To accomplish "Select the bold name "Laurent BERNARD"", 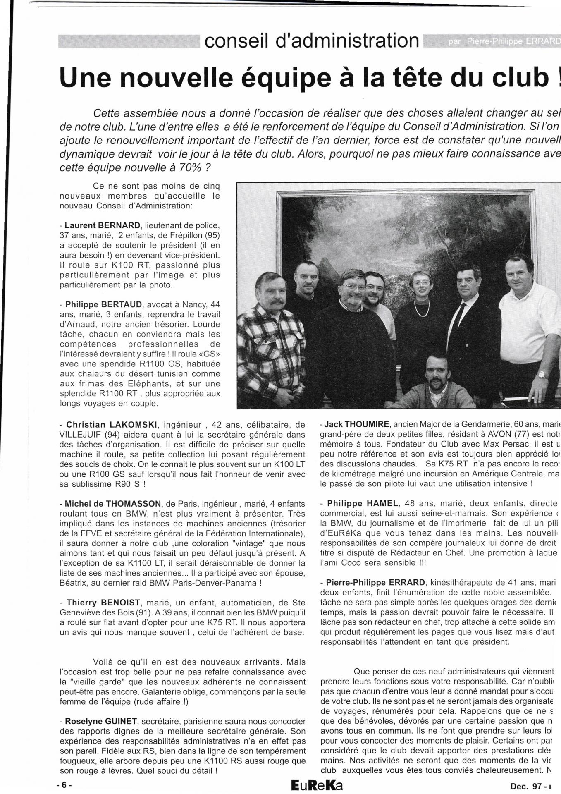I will pos(103,226).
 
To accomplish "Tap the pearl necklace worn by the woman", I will pos(421,310).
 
